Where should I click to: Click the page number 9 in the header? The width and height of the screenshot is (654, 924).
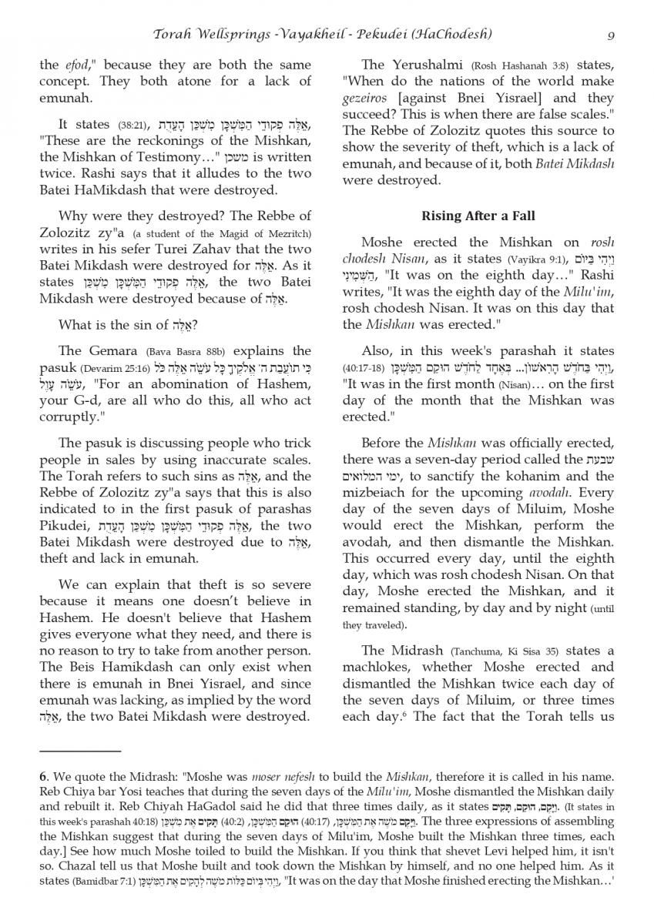[x=610, y=35]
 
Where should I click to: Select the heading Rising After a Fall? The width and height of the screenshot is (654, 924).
[x=478, y=216]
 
